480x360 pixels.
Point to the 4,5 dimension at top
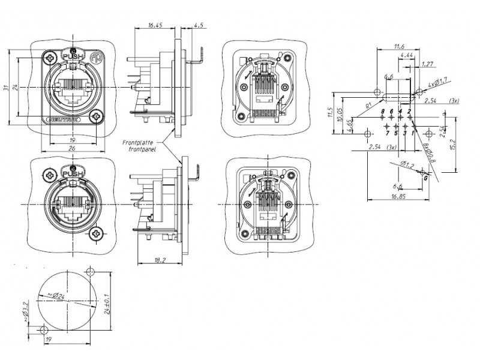(x=198, y=26)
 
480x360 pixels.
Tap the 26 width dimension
(x=71, y=148)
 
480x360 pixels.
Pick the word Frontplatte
(x=137, y=143)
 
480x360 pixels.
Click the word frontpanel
(x=142, y=150)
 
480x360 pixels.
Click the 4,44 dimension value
(x=406, y=55)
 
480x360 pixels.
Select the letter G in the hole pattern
(x=425, y=178)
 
